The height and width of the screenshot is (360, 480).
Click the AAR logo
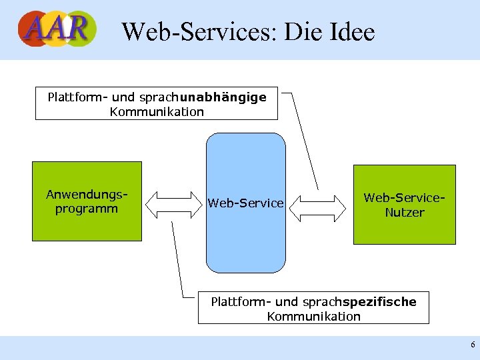pyautogui.click(x=57, y=29)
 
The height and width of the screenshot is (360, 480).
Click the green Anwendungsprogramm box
pyautogui.click(x=87, y=201)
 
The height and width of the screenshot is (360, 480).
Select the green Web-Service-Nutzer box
pyautogui.click(x=404, y=204)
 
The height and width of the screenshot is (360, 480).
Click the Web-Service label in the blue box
pyautogui.click(x=245, y=203)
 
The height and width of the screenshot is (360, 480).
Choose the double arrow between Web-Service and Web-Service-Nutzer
pyautogui.click(x=319, y=207)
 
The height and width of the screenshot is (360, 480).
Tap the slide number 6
pyautogui.click(x=473, y=345)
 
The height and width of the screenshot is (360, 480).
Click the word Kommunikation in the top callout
pyautogui.click(x=157, y=111)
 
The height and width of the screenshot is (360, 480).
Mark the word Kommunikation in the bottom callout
pyautogui.click(x=313, y=317)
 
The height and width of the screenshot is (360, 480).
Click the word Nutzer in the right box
pyautogui.click(x=404, y=213)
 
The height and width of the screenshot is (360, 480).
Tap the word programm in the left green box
pyautogui.click(x=87, y=209)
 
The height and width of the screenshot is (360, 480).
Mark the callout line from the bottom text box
pyautogui.click(x=178, y=260)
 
